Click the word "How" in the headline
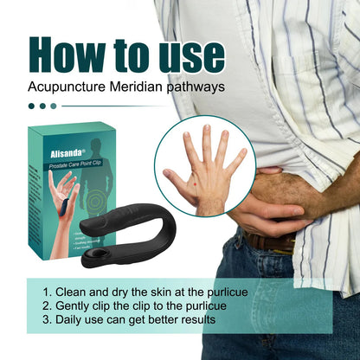tap(67, 55)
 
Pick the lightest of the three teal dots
tap(54, 106)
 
